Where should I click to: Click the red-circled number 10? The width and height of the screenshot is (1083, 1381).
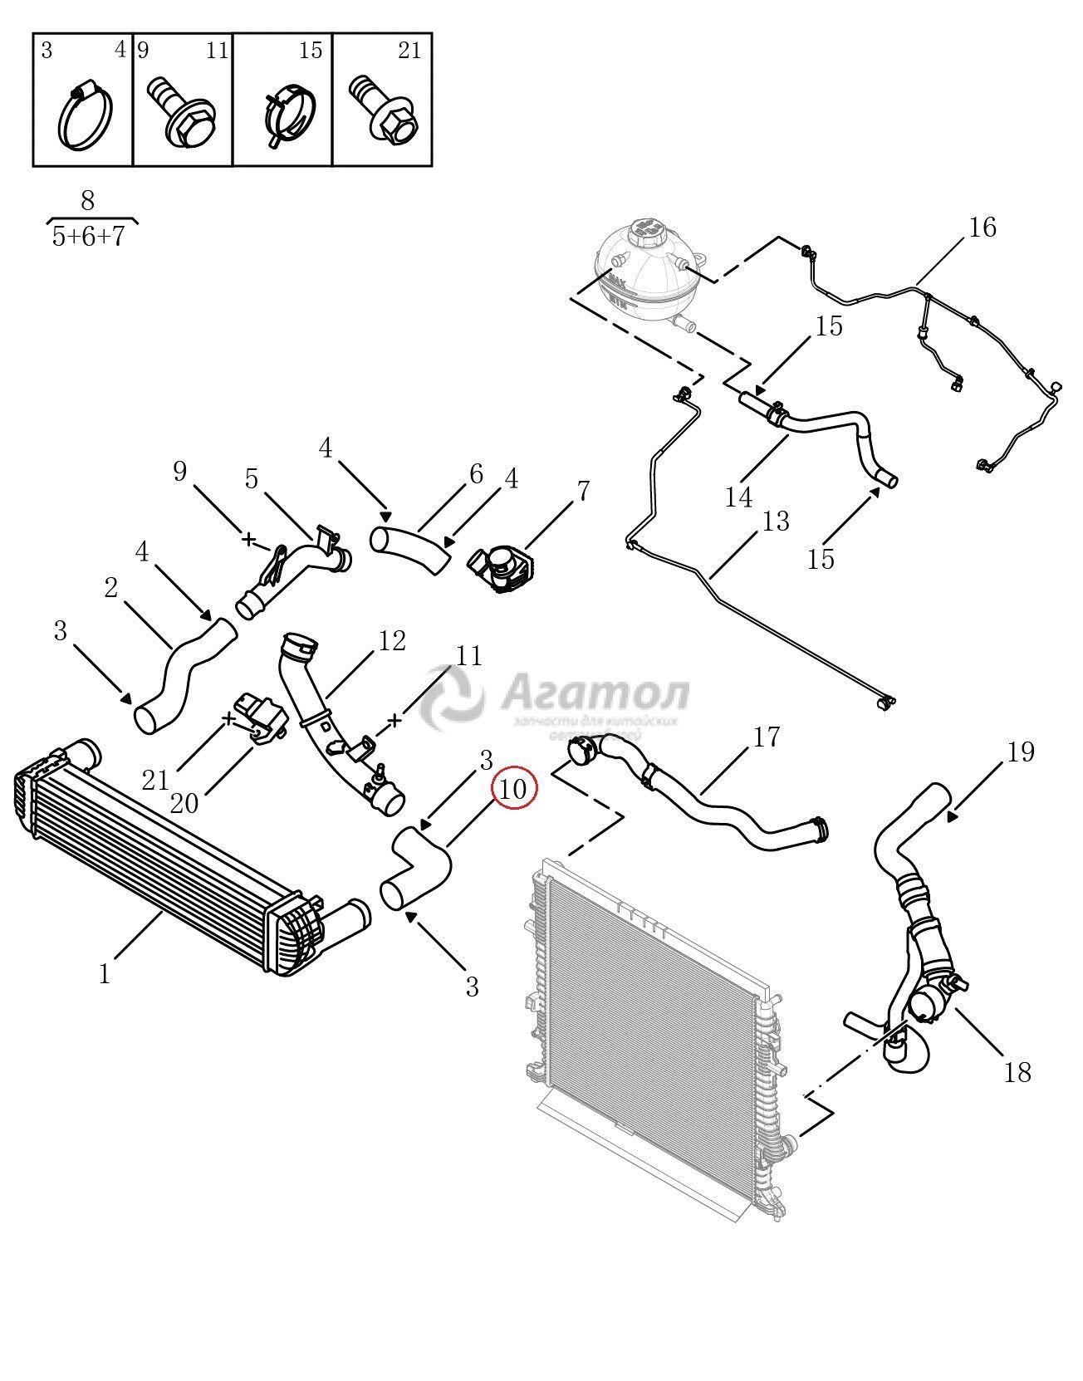[x=514, y=789]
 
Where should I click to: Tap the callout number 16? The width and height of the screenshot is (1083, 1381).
[x=983, y=227]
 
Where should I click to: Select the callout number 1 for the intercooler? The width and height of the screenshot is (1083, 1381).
[x=105, y=973]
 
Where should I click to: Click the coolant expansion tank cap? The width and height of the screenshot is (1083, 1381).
[x=644, y=230]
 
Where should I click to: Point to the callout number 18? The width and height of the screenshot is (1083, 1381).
[x=1017, y=1072]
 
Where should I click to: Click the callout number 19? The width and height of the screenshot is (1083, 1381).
[x=1021, y=752]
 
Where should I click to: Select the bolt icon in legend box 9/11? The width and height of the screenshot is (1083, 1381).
[x=181, y=114]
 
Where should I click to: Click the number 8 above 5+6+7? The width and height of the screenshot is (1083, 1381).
[x=88, y=200]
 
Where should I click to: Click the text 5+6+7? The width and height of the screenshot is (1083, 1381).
[x=88, y=237]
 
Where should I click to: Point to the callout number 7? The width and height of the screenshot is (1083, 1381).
[x=583, y=491]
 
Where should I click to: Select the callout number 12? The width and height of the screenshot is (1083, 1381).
[x=392, y=640]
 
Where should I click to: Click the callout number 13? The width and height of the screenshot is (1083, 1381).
[x=776, y=522]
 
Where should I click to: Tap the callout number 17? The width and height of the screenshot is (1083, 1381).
[x=767, y=736]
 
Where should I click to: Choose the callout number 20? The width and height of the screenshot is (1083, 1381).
[x=184, y=802]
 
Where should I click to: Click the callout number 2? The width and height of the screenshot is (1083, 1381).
[x=111, y=588]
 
